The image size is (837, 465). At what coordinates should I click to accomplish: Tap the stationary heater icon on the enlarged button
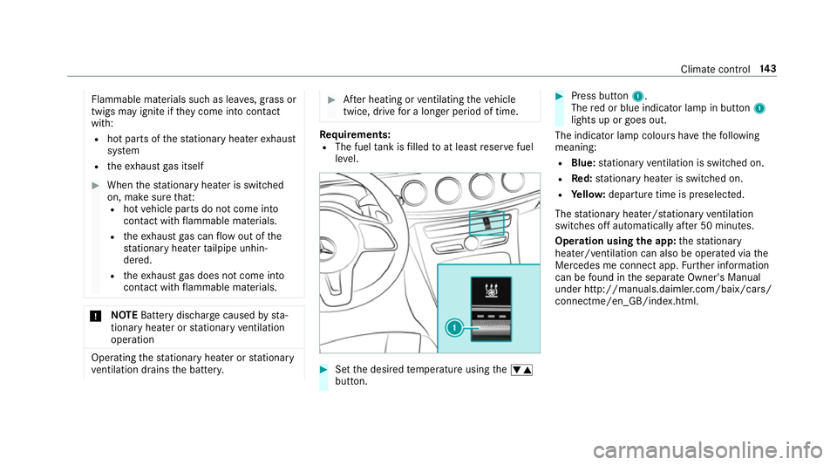pyautogui.click(x=487, y=289)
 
